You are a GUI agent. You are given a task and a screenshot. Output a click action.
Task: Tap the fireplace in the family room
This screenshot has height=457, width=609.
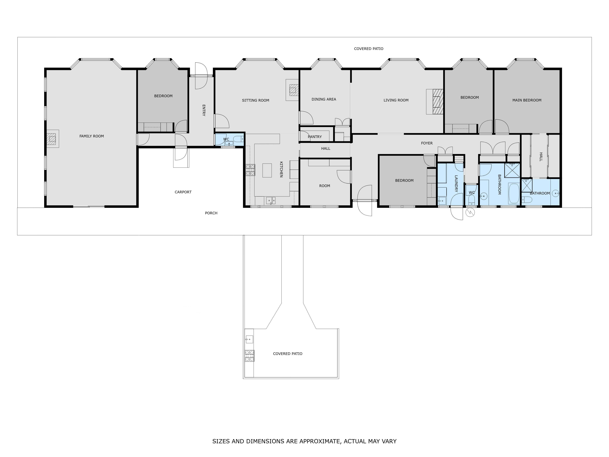click(x=52, y=139)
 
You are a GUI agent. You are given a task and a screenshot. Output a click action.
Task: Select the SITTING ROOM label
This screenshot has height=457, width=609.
click(x=255, y=100)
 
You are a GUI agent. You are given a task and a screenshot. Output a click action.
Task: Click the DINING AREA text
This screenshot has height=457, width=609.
click(x=324, y=99)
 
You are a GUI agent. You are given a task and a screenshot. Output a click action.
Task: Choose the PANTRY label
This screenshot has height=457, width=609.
click(x=315, y=137)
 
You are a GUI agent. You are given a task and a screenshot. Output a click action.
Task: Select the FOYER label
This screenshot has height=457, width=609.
click(x=427, y=143)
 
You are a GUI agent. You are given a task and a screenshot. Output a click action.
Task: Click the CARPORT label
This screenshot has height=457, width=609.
click(x=183, y=192)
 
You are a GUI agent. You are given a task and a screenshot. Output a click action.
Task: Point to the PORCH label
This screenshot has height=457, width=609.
click(x=211, y=213)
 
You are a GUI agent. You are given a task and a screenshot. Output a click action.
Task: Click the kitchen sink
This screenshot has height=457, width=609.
click(x=271, y=200)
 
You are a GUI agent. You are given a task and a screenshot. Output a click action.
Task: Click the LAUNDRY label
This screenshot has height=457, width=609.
click(x=456, y=183)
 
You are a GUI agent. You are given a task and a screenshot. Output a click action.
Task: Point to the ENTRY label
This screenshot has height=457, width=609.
click(x=204, y=110)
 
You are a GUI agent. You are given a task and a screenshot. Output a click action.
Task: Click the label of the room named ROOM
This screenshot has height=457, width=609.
click(x=325, y=186)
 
